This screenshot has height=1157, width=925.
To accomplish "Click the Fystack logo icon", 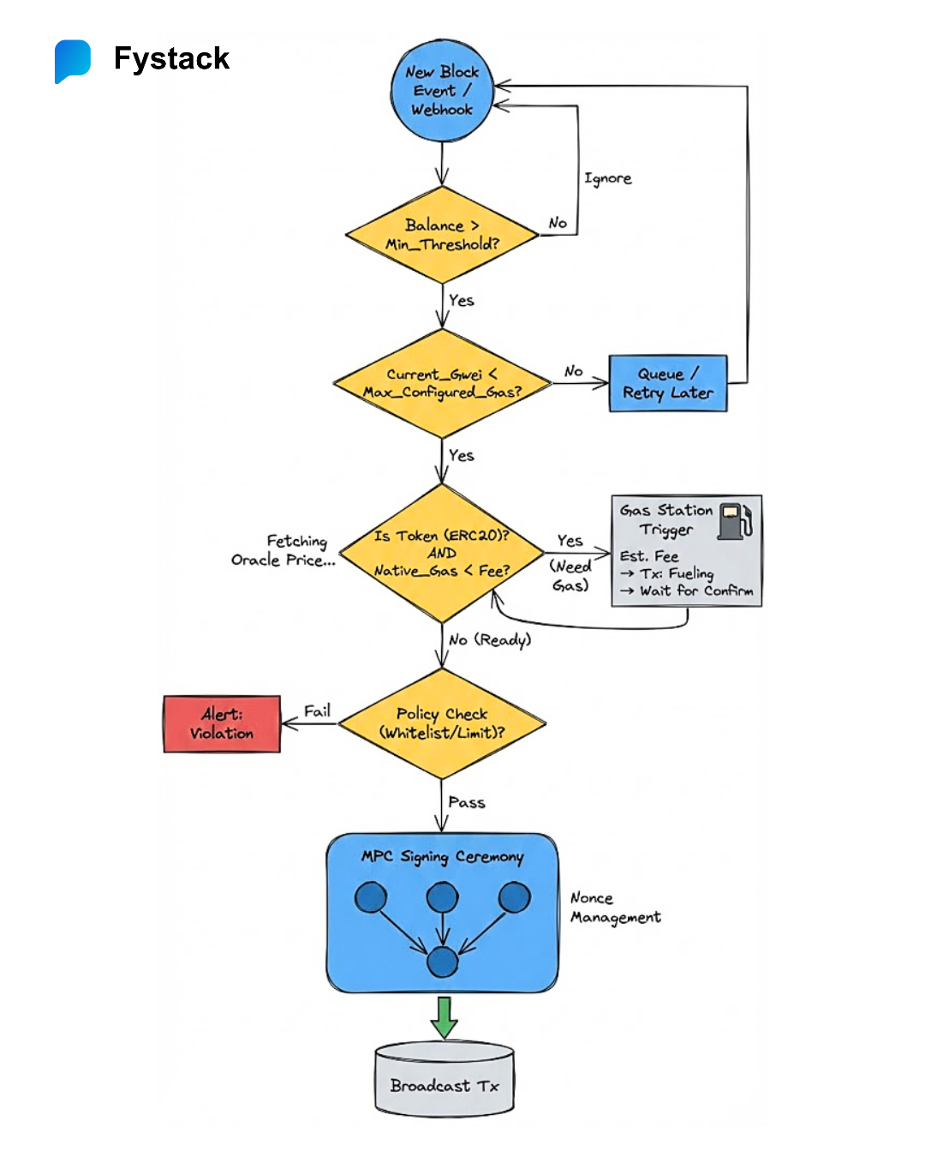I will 73,61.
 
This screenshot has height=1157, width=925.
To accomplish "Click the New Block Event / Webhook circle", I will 442,91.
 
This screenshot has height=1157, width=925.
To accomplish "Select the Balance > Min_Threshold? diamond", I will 442,235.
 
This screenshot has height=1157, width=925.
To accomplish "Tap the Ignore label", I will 608,178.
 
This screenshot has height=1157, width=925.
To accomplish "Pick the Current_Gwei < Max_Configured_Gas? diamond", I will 442,383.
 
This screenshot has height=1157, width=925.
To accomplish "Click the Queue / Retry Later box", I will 668,383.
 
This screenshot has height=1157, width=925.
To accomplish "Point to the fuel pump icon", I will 735,521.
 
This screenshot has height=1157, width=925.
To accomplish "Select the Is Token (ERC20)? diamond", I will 442,553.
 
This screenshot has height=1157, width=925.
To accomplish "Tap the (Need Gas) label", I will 570,576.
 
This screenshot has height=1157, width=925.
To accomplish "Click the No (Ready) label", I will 490,639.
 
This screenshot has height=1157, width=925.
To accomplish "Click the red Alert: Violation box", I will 222,724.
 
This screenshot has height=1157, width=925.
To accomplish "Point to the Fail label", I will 317,710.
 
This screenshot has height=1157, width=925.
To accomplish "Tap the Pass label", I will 467,802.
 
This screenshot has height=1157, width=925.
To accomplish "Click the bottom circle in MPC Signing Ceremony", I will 442,962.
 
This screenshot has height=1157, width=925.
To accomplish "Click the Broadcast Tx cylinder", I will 445,1082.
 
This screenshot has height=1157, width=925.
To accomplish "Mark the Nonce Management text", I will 615,908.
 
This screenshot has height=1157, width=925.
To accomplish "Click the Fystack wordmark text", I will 171,58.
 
